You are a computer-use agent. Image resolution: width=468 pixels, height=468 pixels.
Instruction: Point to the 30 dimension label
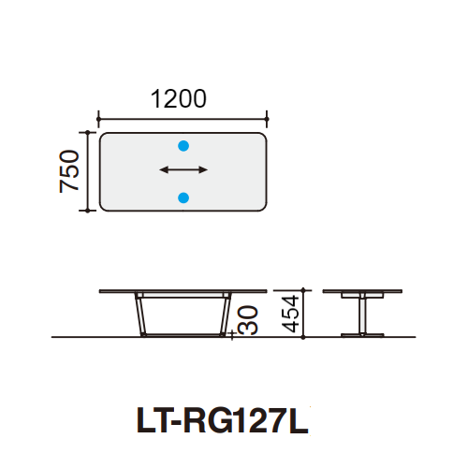(248, 320)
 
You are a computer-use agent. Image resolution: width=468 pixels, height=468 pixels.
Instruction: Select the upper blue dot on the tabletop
(183, 145)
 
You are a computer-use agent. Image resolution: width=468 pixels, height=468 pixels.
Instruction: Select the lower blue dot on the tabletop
(183, 197)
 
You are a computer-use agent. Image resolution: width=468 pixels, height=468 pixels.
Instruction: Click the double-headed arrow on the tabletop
(183, 170)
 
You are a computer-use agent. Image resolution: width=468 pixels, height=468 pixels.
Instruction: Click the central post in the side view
(359, 313)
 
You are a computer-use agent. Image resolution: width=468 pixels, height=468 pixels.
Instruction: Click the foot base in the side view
(359, 332)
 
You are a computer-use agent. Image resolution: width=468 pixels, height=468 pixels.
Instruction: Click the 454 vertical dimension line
(305, 313)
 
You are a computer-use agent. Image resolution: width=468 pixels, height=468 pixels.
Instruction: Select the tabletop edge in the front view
(183, 292)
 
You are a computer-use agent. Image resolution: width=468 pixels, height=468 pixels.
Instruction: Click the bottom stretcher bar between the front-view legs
(183, 332)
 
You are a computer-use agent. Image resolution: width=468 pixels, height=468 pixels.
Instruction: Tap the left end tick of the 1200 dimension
(98, 118)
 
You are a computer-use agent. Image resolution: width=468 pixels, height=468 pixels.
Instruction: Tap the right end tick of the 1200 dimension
(268, 118)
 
